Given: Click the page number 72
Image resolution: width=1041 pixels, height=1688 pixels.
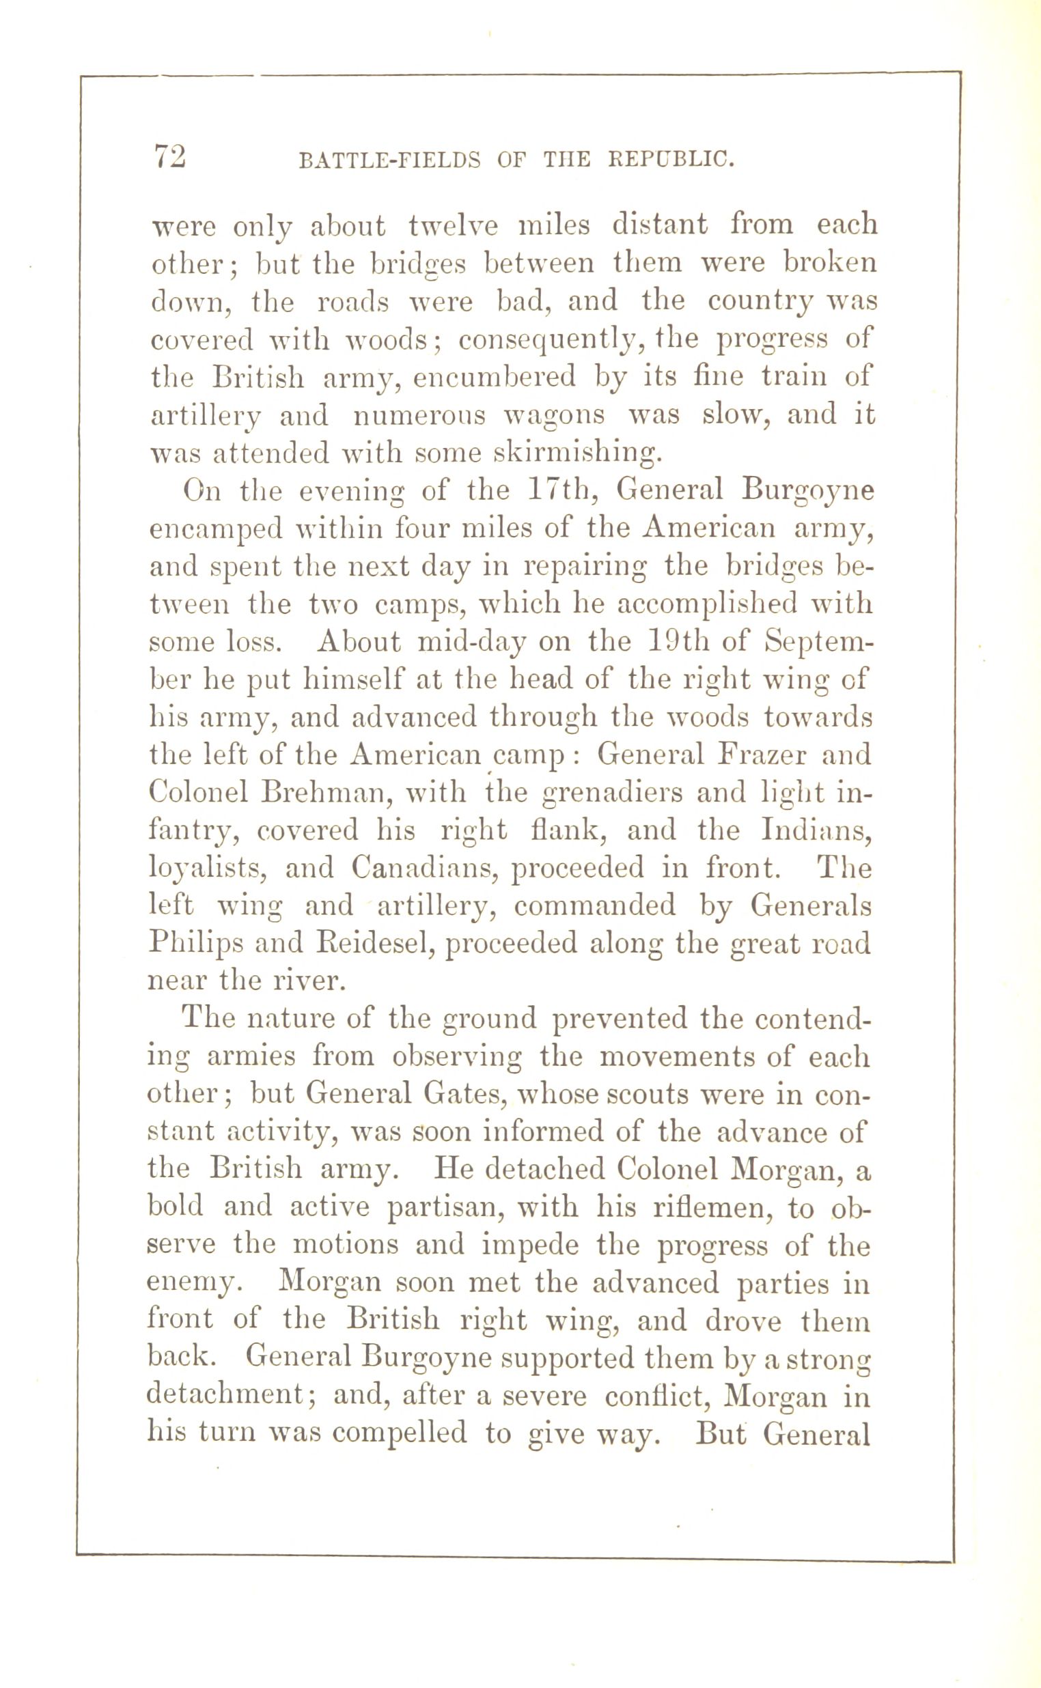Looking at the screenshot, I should pos(169,156).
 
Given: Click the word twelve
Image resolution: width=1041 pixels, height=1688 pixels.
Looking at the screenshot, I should pos(453,226).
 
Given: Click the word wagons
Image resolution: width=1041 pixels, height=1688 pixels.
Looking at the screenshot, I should pos(554,417).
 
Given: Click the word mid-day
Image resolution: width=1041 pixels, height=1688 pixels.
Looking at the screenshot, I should pos(472,642).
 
